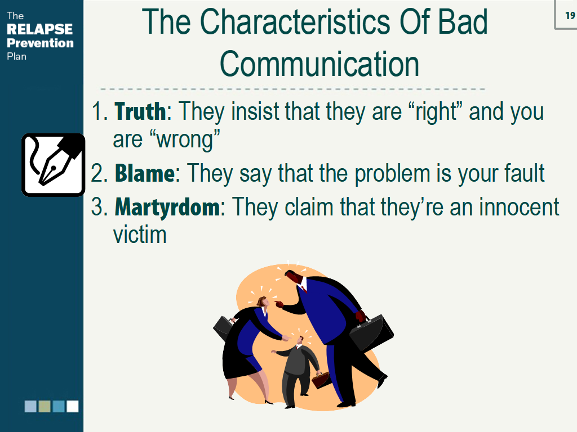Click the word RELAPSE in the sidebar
(39, 29)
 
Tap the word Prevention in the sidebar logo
(40, 43)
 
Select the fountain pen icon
(53, 164)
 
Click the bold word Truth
(140, 111)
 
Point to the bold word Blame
(144, 173)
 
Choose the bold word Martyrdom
(167, 207)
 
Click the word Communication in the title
(319, 64)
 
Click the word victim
(140, 234)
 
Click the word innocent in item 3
(519, 207)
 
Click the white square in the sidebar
(73, 406)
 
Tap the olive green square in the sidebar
(45, 406)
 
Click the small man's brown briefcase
(322, 380)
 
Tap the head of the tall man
(293, 278)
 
